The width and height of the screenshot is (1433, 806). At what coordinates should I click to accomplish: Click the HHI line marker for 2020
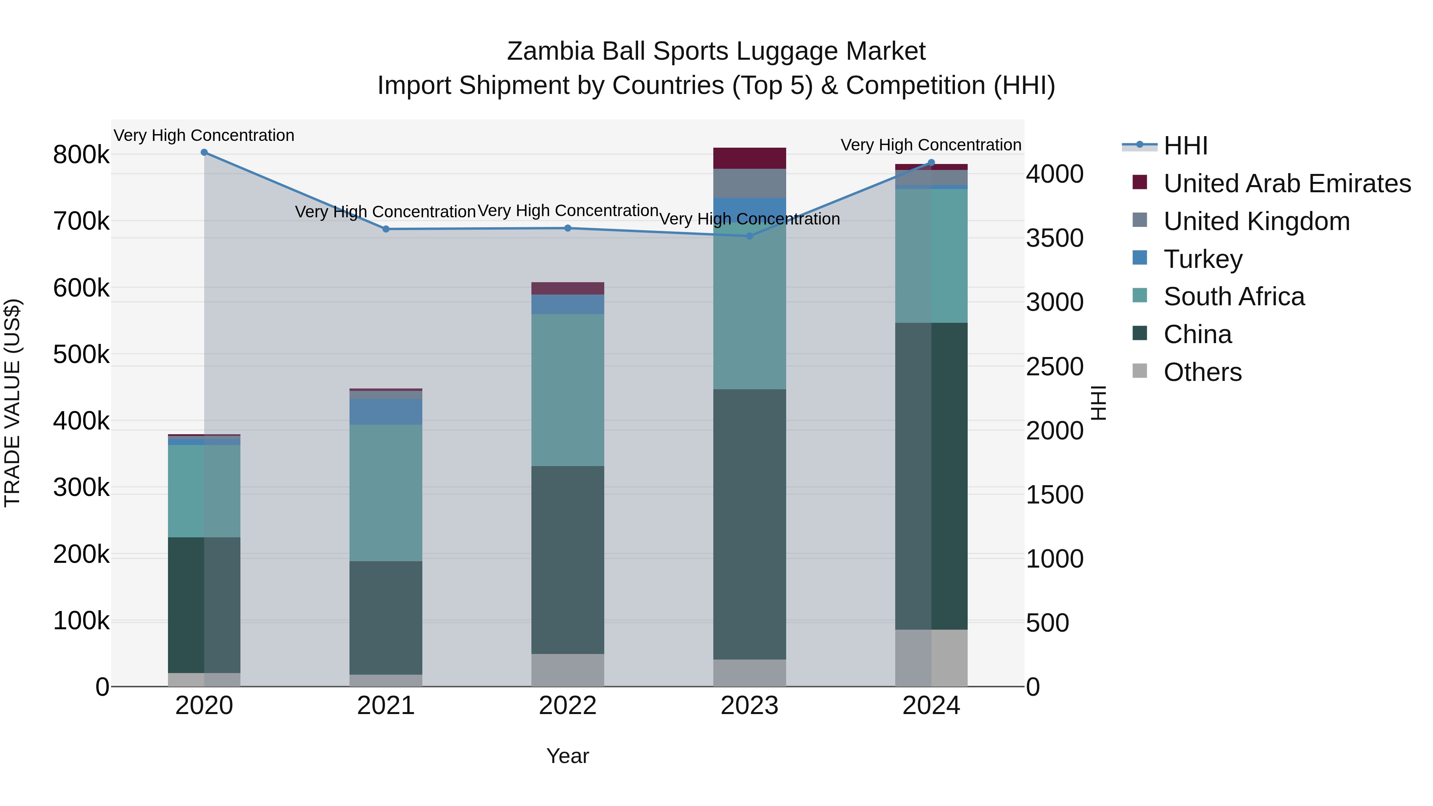(x=204, y=152)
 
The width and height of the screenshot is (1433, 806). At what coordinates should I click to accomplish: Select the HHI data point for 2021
(x=386, y=229)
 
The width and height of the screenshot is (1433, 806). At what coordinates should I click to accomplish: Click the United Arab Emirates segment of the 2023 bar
(x=749, y=158)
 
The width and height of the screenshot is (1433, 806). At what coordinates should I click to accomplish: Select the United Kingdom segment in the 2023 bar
(x=749, y=183)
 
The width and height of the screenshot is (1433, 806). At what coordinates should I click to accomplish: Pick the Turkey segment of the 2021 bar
(x=386, y=412)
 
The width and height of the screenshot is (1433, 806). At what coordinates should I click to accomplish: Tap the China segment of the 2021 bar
(x=386, y=617)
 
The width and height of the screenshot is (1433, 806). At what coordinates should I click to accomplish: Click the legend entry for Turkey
(x=1202, y=259)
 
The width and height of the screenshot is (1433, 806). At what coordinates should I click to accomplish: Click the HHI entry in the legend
(x=1185, y=146)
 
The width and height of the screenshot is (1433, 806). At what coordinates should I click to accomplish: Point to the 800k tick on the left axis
(x=81, y=155)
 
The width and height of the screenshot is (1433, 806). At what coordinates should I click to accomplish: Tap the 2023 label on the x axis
(x=749, y=706)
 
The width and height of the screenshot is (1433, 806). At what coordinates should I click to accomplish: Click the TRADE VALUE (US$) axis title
(x=13, y=403)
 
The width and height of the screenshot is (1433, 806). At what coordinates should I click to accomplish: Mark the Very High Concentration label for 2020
(x=204, y=136)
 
